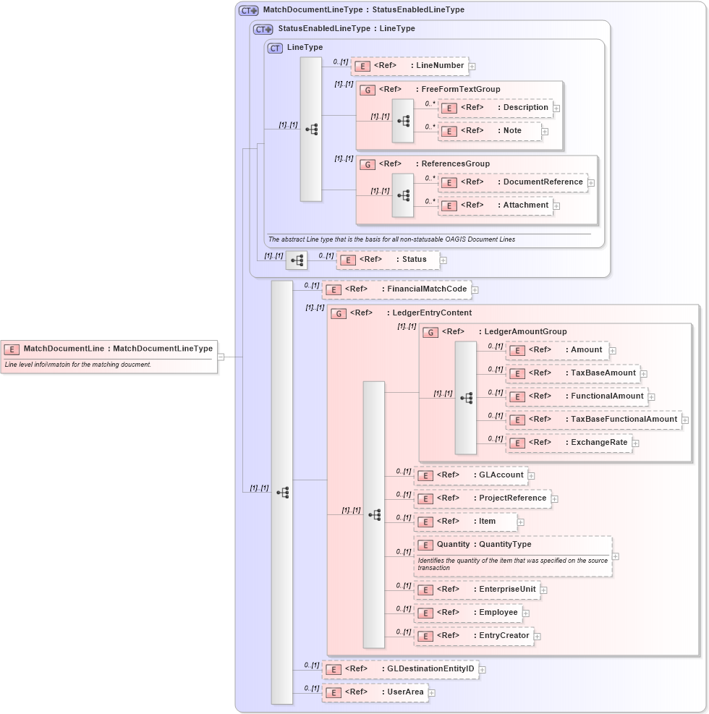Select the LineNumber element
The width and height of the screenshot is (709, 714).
click(x=409, y=66)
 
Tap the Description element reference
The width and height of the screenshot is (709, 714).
click(x=496, y=108)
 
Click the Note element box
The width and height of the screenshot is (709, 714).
click(x=490, y=132)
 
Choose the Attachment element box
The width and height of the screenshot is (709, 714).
click(x=496, y=205)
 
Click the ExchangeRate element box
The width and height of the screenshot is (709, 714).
click(x=569, y=443)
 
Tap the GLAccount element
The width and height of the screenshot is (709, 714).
click(x=470, y=475)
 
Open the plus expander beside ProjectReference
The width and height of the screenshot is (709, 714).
click(x=555, y=498)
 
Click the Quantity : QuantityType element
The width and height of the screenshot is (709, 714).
click(x=512, y=556)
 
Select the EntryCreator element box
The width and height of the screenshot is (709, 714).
click(x=473, y=636)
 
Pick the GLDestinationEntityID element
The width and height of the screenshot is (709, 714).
click(x=400, y=669)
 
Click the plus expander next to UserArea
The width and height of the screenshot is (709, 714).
click(x=432, y=693)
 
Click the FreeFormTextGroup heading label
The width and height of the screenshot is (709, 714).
click(x=460, y=90)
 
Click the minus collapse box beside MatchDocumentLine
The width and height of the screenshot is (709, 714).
click(x=221, y=357)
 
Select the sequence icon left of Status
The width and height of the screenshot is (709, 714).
click(x=296, y=260)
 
